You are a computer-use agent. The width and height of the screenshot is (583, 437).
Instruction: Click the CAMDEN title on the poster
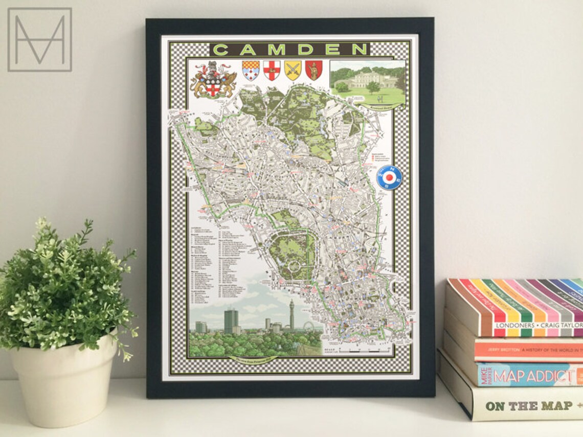(x=289, y=50)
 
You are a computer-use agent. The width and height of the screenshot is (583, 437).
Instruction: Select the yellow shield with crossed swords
(x=293, y=70)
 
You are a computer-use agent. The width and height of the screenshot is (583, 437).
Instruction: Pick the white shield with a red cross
(x=272, y=70)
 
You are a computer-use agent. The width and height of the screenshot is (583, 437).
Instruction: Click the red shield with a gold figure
(x=313, y=70)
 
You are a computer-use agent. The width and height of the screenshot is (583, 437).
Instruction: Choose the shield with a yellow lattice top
(x=251, y=70)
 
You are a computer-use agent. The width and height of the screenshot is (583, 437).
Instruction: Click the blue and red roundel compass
(x=389, y=178)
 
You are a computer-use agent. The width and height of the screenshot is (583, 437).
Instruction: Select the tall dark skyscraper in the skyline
(x=231, y=321)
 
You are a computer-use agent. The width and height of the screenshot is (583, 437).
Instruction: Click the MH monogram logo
(x=39, y=39)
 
